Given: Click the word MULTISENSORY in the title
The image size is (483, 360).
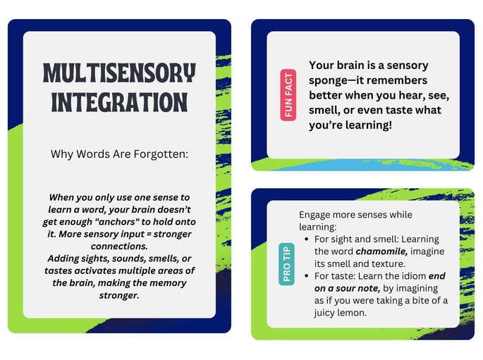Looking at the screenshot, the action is tap(119, 73).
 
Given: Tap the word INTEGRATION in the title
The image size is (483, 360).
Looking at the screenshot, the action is tap(119, 102).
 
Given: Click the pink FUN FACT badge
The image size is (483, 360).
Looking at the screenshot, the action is tap(288, 95).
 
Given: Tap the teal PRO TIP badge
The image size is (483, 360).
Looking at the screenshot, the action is tap(286, 263).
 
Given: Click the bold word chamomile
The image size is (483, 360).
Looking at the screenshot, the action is tap(381, 252).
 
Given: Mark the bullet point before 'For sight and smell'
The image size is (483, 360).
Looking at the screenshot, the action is tap(306, 239).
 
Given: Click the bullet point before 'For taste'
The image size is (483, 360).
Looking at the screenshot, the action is tap(306, 276).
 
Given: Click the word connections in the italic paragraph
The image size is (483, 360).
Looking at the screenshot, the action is tap(119, 246).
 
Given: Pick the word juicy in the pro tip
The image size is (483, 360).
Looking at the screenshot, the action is tap(322, 313).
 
